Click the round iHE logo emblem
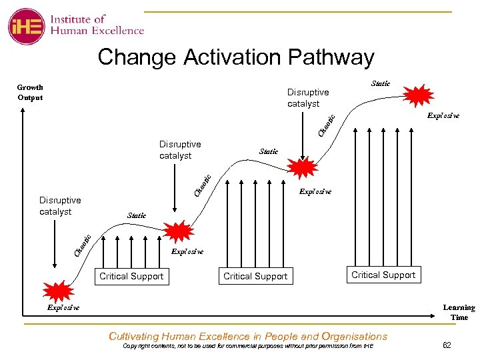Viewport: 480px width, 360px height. point(26,26)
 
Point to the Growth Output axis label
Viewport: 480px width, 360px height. point(30,92)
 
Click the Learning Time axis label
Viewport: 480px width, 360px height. point(459,312)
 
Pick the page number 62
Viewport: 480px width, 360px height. point(447,345)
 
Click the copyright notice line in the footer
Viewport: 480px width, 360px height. point(249,346)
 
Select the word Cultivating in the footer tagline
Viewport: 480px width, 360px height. point(139,336)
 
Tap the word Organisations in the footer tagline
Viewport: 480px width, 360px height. point(354,336)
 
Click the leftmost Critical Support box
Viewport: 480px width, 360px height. point(131,276)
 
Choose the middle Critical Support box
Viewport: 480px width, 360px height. point(255,276)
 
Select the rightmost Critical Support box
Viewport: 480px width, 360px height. point(383,275)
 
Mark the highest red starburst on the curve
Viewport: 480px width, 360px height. point(420,95)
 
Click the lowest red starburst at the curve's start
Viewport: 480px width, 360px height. point(59,292)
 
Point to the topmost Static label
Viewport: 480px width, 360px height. point(380,83)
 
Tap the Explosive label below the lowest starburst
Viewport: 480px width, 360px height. point(63,308)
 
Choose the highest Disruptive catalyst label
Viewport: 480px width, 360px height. point(308,97)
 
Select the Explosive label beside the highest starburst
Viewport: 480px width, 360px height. point(443,115)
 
